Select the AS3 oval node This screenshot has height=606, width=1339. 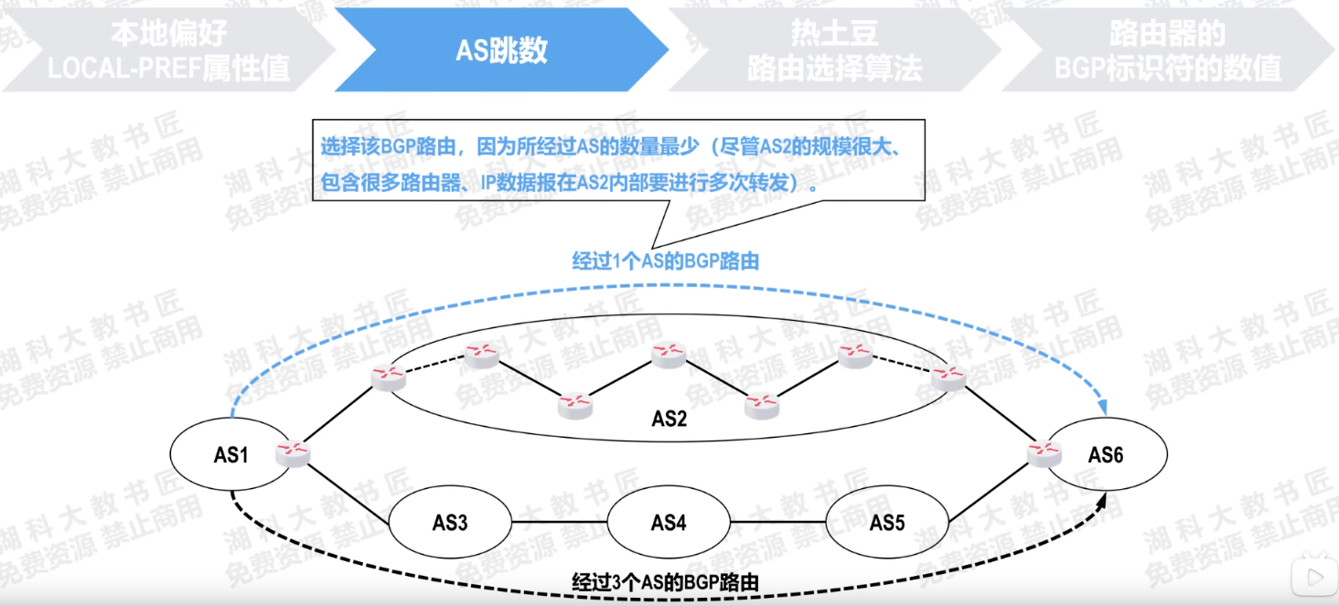(450, 524)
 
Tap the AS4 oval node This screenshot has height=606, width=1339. (669, 523)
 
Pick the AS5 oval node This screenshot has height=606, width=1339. (887, 523)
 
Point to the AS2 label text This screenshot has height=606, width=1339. (669, 419)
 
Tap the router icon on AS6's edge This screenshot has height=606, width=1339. (1043, 452)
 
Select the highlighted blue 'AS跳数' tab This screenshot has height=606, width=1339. (501, 49)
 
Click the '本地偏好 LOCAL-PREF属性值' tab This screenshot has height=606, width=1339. (168, 50)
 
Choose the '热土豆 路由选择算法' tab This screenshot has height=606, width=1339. (834, 50)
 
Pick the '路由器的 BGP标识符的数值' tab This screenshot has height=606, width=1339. (1167, 50)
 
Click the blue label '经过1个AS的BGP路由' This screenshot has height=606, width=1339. (666, 261)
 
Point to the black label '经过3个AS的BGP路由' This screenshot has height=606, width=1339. (666, 581)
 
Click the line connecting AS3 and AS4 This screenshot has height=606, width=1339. (560, 524)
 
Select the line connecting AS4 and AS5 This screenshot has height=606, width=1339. (777, 524)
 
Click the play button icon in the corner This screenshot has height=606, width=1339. (1313, 577)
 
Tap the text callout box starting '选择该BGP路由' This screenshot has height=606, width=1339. (618, 160)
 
